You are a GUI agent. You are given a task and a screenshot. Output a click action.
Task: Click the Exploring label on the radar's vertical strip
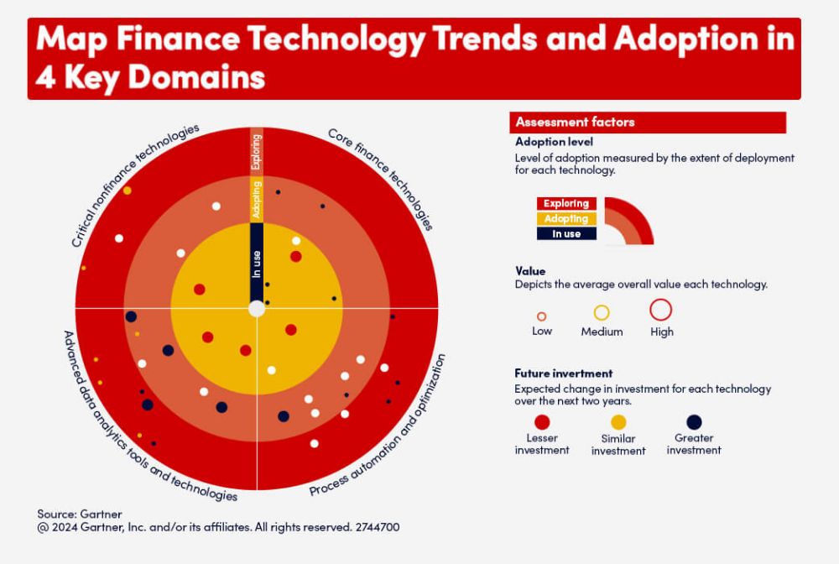[257, 151]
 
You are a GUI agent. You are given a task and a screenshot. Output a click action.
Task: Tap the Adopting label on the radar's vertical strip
[257, 199]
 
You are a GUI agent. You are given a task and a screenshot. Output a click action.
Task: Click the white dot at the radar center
[257, 308]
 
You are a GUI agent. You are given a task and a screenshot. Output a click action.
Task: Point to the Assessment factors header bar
[647, 123]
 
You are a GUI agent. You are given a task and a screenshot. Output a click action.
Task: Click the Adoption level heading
[554, 142]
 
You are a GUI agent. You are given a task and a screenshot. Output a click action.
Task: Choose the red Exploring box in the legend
[566, 204]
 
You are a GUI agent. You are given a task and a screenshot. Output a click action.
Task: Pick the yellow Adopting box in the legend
[566, 219]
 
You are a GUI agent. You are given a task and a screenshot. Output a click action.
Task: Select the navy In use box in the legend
[566, 234]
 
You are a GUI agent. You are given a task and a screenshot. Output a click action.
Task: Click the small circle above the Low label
[541, 316]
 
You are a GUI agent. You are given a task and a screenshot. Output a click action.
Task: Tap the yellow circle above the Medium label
[602, 313]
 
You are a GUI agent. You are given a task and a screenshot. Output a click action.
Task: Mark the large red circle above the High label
[661, 310]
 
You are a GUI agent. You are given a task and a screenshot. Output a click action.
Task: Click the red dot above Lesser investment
[542, 422]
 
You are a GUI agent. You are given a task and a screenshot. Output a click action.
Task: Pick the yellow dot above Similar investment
[618, 422]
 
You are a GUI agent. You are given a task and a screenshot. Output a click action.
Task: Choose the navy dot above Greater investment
[694, 422]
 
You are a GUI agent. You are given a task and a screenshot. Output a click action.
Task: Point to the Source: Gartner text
[80, 514]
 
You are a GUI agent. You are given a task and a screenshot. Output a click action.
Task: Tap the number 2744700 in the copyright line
[377, 528]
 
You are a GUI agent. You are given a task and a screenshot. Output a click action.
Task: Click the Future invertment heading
[563, 373]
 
